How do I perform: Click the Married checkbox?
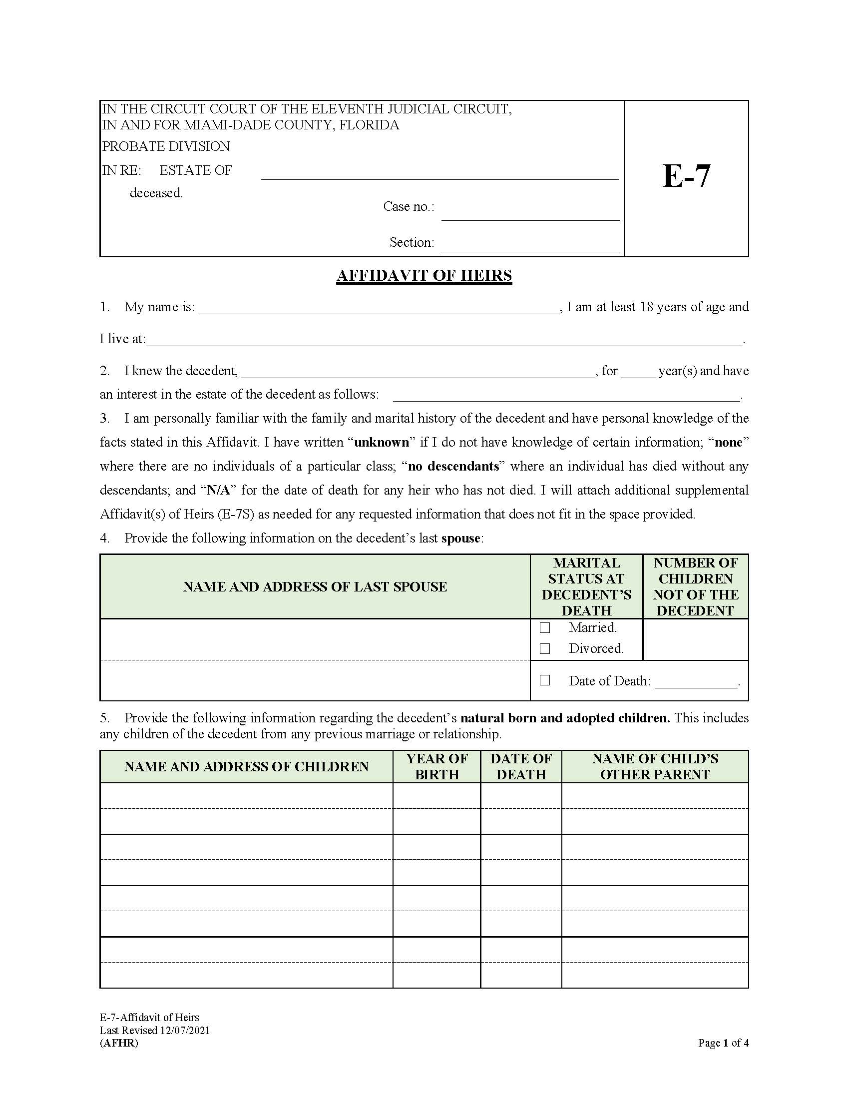coord(545,628)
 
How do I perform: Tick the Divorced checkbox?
coord(545,649)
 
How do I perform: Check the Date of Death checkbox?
coord(545,680)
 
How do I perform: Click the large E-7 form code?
coord(686,177)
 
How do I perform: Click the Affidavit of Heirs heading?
coord(424,276)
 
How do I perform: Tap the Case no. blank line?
coord(530,215)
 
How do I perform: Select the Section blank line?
coord(530,246)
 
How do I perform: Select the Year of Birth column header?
coord(436,766)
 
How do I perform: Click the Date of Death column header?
coord(520,766)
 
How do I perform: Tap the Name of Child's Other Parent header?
coord(655,766)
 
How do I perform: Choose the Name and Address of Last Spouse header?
coord(315,587)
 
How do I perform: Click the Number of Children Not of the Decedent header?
coord(696,587)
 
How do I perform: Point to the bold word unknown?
coord(381,442)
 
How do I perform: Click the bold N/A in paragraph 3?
coord(218,490)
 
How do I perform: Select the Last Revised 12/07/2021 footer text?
coord(154,1030)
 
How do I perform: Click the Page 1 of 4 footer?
coord(723,1043)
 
